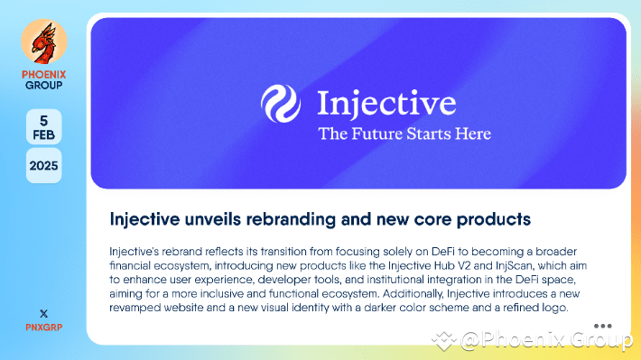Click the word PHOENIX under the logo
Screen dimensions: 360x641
[43, 74]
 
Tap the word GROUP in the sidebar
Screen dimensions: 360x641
[43, 86]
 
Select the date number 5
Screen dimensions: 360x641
[43, 120]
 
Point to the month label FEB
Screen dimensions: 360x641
[43, 134]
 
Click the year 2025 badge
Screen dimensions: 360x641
[43, 165]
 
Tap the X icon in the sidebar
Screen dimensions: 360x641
[43, 311]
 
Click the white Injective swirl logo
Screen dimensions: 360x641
[280, 105]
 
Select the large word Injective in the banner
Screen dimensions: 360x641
[386, 104]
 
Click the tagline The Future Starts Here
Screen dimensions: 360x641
[404, 134]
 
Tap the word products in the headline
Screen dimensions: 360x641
[493, 219]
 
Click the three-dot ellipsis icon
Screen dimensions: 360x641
[603, 326]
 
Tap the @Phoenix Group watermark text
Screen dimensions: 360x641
[546, 340]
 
